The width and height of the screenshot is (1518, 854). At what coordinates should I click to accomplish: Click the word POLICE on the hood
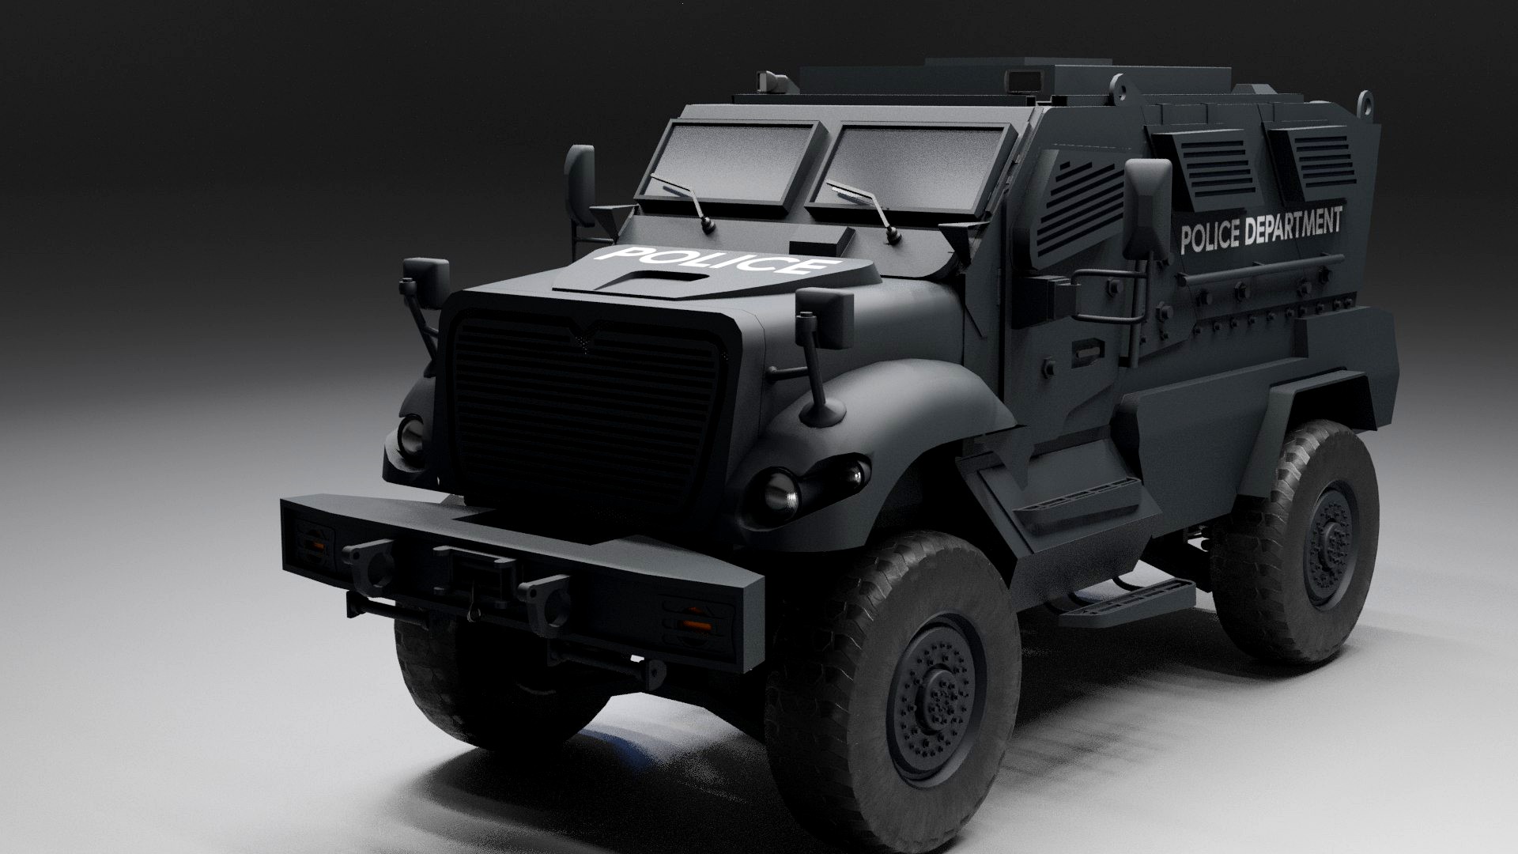click(x=716, y=260)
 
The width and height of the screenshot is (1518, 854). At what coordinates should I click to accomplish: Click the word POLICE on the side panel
click(x=1210, y=235)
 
